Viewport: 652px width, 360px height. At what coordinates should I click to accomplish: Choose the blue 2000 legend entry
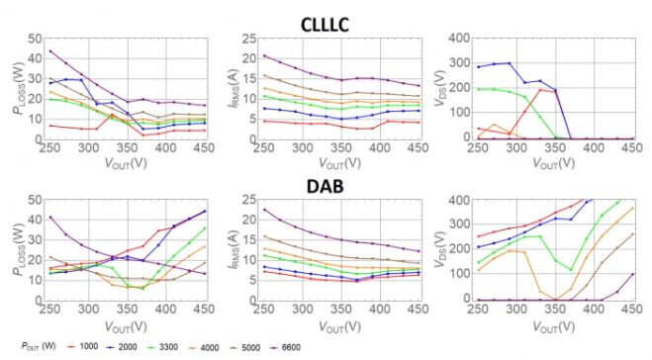click(x=122, y=347)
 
